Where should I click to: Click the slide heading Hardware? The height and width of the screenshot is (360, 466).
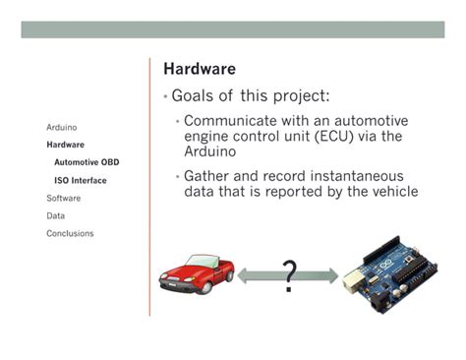(x=199, y=70)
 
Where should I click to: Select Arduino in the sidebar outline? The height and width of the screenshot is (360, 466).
(x=62, y=127)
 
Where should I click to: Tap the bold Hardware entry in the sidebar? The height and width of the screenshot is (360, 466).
(x=65, y=145)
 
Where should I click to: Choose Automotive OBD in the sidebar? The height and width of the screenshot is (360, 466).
(x=87, y=162)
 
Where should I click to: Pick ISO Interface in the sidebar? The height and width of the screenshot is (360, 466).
(x=81, y=180)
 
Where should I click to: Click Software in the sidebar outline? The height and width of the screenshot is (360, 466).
(x=64, y=198)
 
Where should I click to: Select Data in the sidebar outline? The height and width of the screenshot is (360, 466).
(x=56, y=215)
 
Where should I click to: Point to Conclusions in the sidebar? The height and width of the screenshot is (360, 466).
(x=70, y=233)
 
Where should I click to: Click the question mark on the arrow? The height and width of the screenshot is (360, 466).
(x=288, y=276)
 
